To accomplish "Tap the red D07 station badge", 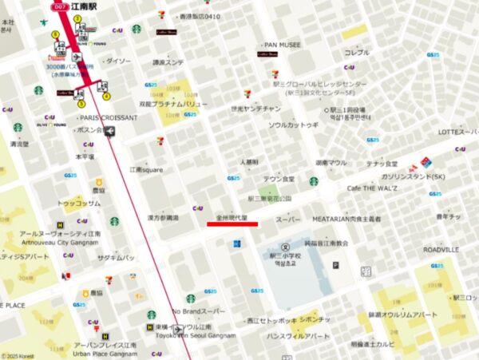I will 60,6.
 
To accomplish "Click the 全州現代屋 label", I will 232,217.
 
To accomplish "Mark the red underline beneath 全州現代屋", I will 232,224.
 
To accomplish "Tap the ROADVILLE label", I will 441,250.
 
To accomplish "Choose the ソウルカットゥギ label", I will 293,125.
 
